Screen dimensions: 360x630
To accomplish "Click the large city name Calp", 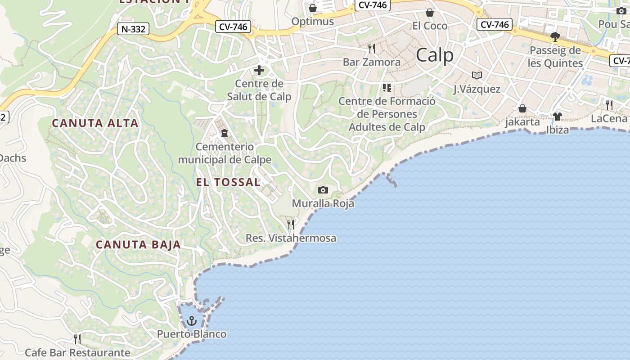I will coord(434,55).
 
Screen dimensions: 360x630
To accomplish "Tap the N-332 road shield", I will coord(133,29).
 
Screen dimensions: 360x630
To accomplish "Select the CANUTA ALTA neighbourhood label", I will coord(95,123).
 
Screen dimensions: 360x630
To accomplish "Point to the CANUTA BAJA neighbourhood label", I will coord(139,245).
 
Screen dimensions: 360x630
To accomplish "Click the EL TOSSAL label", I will coord(228,182).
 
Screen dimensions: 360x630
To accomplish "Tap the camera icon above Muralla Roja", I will coord(323,190).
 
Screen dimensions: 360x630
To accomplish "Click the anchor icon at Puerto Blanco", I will coord(192,321).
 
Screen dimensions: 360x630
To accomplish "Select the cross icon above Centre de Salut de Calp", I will coord(259,70).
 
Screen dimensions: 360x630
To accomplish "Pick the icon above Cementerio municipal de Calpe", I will coord(224,133).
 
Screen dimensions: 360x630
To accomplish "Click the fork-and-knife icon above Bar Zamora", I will coord(372,48).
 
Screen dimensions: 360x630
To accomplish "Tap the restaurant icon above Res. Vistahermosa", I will coord(291,224).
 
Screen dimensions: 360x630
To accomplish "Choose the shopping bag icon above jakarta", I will coord(522,108).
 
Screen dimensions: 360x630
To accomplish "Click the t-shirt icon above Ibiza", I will coord(558,117).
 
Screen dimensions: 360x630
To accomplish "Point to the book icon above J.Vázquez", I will coord(477,75).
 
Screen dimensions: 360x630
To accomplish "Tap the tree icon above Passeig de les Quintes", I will coord(555,36).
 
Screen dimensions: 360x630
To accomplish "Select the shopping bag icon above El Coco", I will coord(430,12).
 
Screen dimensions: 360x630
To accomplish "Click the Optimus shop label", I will coord(313,21).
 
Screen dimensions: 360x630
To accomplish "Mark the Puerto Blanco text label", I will coord(192,334).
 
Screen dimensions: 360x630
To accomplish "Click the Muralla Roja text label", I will coord(323,203).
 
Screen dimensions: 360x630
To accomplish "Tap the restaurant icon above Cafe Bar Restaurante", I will coord(77,339).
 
